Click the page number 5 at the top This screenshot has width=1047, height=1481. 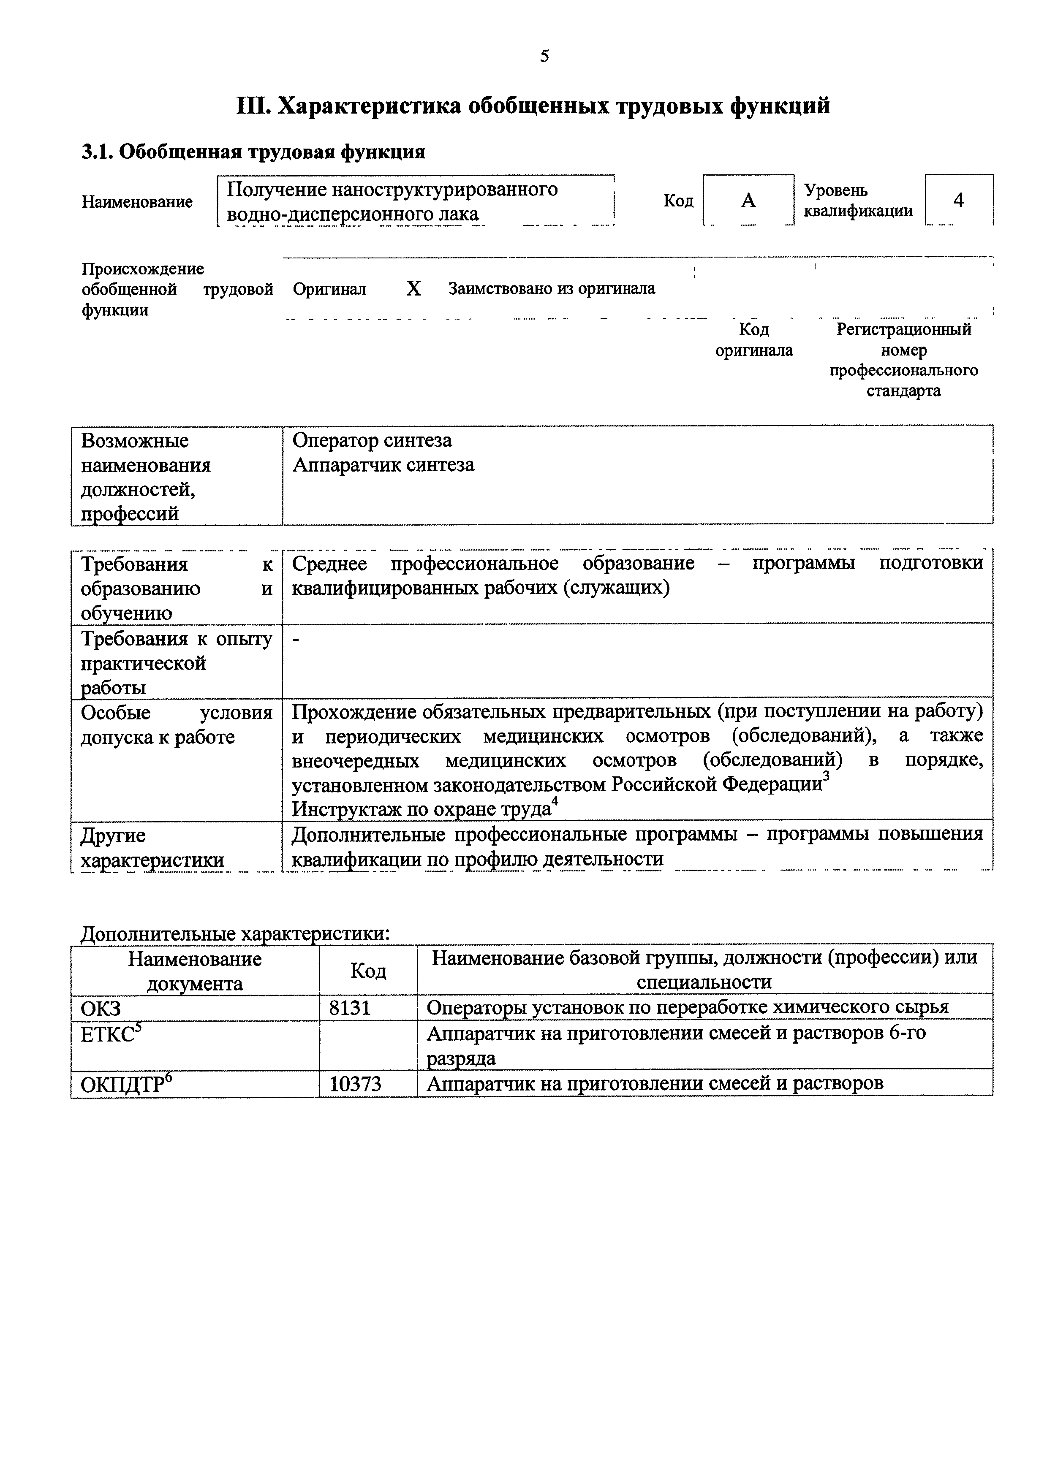pos(544,57)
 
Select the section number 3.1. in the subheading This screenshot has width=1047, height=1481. pos(98,152)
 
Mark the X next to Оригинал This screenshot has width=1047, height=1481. pos(413,289)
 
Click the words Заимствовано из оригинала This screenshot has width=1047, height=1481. pos(552,289)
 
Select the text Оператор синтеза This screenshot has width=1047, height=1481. pos(372,441)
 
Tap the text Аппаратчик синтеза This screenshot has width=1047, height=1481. pos(383,465)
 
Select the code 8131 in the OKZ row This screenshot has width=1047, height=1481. pos(350,1008)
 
